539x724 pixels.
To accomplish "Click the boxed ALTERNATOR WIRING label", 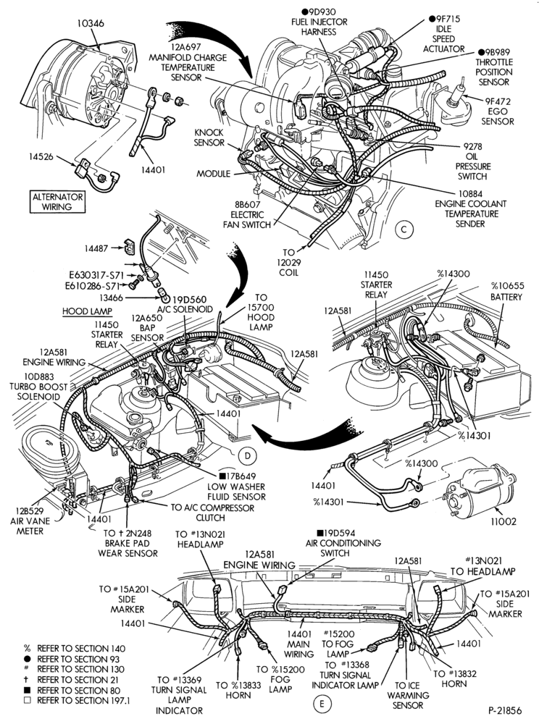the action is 58,202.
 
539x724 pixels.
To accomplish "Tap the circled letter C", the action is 404,230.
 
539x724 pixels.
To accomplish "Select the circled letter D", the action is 248,455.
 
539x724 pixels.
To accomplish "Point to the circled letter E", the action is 322,704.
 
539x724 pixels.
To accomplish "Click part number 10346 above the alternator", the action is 91,23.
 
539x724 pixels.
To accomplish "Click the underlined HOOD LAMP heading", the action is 87,311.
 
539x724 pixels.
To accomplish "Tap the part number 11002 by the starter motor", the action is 504,521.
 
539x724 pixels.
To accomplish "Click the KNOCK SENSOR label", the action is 209,138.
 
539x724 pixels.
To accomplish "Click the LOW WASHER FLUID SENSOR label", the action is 236,487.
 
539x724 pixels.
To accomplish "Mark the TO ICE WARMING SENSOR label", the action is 407,695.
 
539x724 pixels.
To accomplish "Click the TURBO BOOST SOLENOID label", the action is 39,387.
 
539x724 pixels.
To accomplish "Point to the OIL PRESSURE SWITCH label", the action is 473,161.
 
